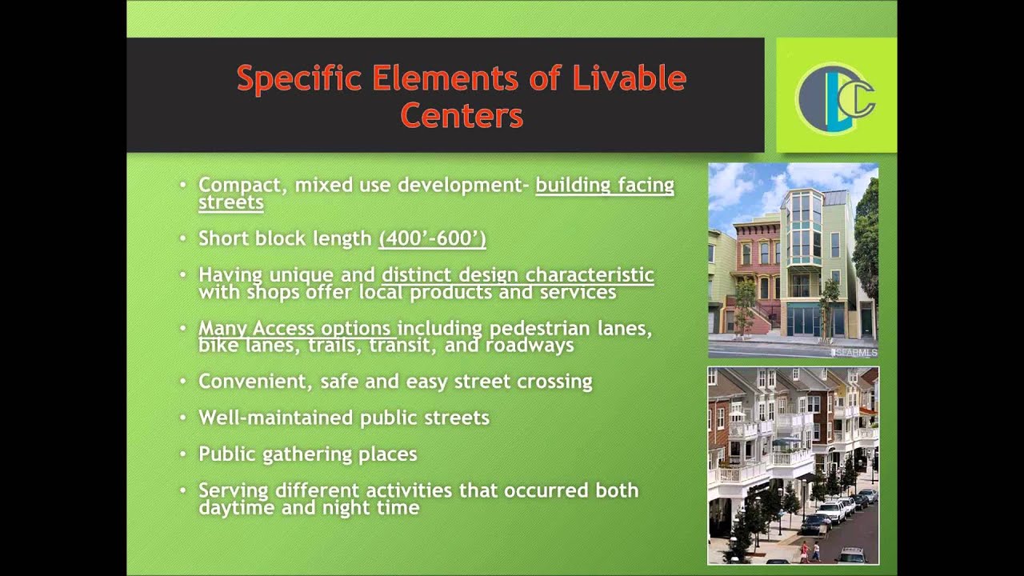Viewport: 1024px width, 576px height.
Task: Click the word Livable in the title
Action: pyautogui.click(x=629, y=79)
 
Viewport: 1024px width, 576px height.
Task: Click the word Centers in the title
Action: pyautogui.click(x=462, y=116)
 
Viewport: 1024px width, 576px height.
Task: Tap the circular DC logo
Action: pyautogui.click(x=835, y=97)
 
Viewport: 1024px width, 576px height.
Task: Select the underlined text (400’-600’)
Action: pyautogui.click(x=432, y=238)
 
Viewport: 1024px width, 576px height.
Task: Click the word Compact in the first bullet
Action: pyautogui.click(x=242, y=186)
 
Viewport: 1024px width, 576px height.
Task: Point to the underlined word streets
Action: pyautogui.click(x=230, y=202)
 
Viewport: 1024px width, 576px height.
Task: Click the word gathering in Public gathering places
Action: pyautogui.click(x=308, y=454)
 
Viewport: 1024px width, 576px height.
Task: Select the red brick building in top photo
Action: pyautogui.click(x=756, y=264)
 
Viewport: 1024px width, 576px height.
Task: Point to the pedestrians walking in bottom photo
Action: pyautogui.click(x=810, y=551)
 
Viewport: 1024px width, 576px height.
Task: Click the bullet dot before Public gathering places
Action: pyautogui.click(x=183, y=454)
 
